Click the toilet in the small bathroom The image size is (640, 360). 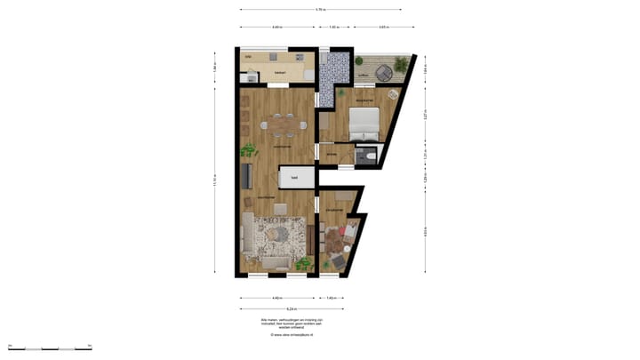[372, 156]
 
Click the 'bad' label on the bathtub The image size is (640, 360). [295, 178]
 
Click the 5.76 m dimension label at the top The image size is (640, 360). [320, 9]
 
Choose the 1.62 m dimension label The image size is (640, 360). [334, 28]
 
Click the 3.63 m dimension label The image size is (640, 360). [382, 28]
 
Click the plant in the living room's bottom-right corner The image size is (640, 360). [304, 263]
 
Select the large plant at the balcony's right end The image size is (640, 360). [402, 64]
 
